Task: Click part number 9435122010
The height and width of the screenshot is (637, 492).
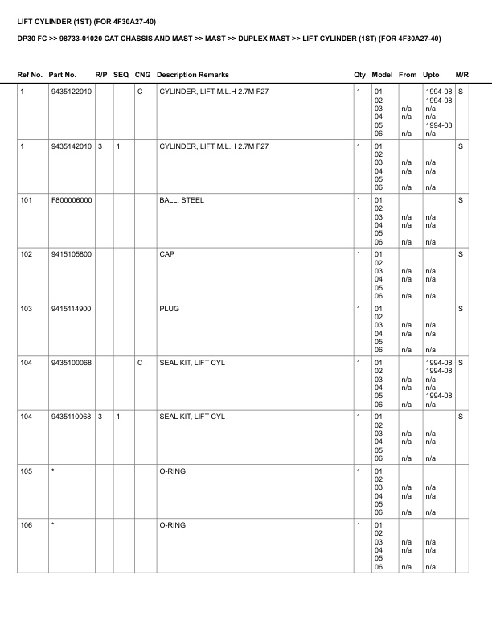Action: click(x=71, y=92)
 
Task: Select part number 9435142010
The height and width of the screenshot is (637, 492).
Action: click(x=71, y=146)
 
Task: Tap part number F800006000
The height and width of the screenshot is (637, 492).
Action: click(x=71, y=200)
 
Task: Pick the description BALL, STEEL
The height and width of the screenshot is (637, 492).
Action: click(x=182, y=200)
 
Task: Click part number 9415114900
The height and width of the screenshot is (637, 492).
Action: click(x=71, y=308)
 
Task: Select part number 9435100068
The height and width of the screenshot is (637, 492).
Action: click(x=71, y=363)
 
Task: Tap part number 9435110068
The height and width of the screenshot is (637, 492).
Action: click(x=71, y=417)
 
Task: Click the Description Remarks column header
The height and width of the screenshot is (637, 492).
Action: click(x=193, y=75)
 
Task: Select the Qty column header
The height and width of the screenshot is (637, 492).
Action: click(x=359, y=75)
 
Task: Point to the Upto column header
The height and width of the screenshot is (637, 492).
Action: click(x=431, y=75)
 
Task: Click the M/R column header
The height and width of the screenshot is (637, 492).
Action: click(x=461, y=75)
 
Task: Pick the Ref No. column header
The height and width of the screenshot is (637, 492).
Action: click(x=31, y=75)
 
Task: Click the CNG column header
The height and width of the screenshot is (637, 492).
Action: click(x=142, y=75)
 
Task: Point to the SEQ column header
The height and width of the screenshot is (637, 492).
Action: click(x=121, y=75)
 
